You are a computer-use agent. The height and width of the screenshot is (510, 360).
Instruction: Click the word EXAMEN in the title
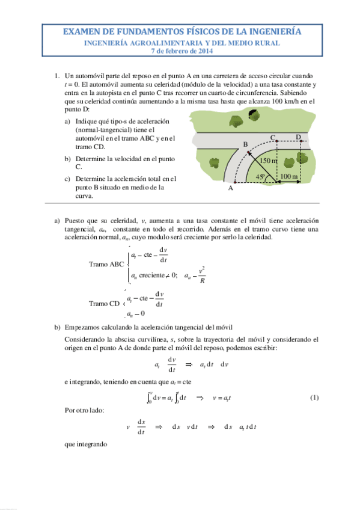click(82, 32)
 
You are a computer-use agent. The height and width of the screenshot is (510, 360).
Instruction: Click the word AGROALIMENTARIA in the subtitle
click(162, 43)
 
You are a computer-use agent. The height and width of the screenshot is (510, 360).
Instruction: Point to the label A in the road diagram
click(230, 188)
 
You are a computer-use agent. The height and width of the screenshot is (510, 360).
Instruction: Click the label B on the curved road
click(245, 144)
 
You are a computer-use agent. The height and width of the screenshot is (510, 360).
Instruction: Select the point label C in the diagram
click(273, 138)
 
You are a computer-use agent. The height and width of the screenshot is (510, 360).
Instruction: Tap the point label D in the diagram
click(298, 138)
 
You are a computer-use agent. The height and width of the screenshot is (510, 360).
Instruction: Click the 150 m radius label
click(268, 161)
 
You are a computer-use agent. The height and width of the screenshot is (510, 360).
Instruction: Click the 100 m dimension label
click(289, 176)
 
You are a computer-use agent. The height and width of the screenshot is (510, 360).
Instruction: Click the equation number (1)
click(314, 398)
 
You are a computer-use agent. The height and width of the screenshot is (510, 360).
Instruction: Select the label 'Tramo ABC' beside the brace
click(106, 264)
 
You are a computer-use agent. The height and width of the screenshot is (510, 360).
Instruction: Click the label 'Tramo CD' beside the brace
click(104, 304)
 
